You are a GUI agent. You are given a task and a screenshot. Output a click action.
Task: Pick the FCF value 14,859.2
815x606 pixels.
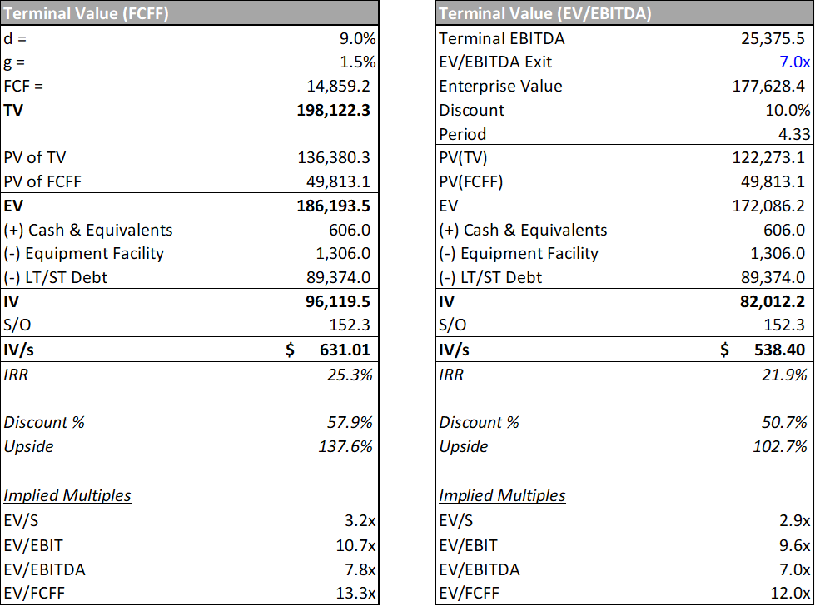(339, 87)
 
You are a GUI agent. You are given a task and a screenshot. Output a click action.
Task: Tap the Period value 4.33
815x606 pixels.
(791, 134)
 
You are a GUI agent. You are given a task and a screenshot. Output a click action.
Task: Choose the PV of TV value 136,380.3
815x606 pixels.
(334, 158)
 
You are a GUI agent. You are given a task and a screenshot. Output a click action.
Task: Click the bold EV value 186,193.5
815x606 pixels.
(333, 206)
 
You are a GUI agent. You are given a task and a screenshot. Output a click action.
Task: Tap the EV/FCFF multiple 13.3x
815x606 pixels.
(356, 594)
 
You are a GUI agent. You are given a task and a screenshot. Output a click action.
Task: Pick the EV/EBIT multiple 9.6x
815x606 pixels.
(793, 546)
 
